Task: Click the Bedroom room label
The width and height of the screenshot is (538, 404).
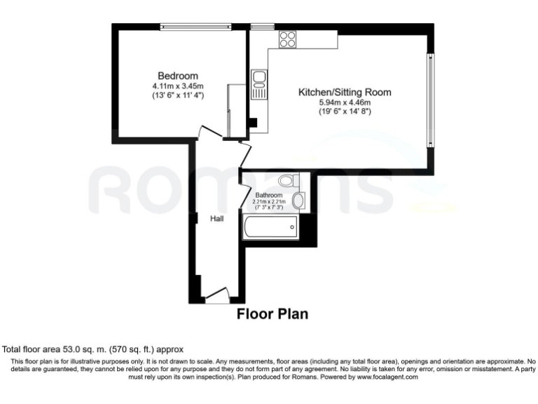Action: point(177,76)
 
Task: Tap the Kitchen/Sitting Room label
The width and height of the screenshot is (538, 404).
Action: point(345,92)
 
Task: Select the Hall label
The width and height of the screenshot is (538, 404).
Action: point(217,219)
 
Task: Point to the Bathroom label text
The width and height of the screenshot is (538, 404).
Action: point(268,195)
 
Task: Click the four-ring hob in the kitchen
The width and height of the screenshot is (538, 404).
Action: point(287,39)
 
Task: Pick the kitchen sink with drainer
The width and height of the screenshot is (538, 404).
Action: point(258,83)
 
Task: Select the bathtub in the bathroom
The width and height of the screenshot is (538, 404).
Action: point(270,227)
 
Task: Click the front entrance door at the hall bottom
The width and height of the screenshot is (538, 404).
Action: point(218,297)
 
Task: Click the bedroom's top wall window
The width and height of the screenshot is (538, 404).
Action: point(195,27)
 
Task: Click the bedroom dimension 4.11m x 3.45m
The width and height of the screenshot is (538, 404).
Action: point(177,86)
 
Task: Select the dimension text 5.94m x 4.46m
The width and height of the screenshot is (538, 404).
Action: point(345,102)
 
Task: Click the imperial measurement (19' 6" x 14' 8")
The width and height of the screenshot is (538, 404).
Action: point(345,111)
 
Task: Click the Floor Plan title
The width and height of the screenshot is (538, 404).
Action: point(272,314)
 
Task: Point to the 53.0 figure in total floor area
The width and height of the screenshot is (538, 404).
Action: point(71,349)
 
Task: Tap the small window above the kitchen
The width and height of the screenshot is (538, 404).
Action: point(263,27)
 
